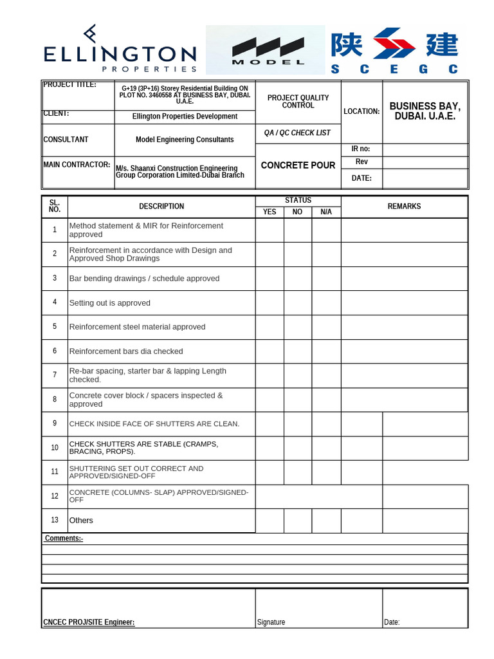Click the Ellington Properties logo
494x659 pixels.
pos(120,50)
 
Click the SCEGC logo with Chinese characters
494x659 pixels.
pos(394,50)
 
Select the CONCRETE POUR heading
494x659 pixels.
pos(298,165)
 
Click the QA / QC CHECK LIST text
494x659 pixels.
pos(297,133)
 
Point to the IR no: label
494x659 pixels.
pos(361,149)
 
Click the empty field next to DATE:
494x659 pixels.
pos(425,178)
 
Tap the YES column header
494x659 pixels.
pos(270,212)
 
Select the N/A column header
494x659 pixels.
pos(326,212)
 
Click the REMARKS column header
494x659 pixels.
pos(404,207)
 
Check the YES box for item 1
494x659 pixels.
pos(270,230)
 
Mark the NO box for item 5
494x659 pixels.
pos(298,327)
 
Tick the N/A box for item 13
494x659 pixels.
pos(326,520)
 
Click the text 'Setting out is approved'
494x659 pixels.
pos(109,303)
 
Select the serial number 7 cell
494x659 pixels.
pos(55,375)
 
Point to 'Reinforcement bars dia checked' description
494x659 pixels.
pos(126,351)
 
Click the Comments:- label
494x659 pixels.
pos(64,539)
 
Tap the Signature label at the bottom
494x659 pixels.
pos(271,622)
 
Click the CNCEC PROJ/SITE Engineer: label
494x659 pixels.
pos(89,622)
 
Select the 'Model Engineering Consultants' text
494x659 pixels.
pos(185,140)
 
